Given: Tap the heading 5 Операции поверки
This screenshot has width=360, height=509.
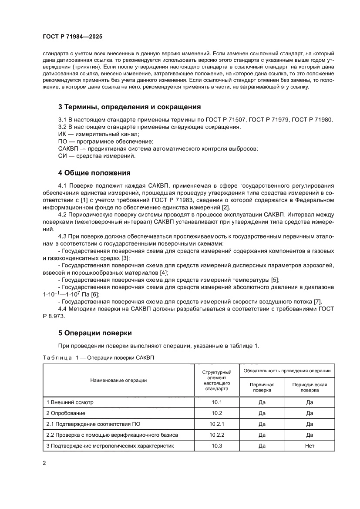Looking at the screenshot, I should [x=95, y=333].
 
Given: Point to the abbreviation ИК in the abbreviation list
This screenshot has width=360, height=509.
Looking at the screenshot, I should [x=62, y=135].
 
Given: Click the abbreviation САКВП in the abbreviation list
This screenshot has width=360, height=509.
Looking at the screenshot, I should [x=68, y=148].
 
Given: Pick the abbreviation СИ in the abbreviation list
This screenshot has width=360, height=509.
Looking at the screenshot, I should [x=62, y=156].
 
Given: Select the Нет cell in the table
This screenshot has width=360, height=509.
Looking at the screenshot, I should [x=310, y=445].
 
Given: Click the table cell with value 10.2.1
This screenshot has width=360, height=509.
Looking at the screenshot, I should [x=217, y=424].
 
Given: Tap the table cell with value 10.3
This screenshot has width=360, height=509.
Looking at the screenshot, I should [x=217, y=445].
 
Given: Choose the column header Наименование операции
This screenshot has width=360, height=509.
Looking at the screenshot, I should [x=118, y=380].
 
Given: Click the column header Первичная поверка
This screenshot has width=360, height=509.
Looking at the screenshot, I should [x=262, y=388].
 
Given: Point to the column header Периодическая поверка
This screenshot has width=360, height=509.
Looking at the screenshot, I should [x=310, y=388].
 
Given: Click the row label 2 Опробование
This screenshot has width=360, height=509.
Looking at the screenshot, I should [x=66, y=413].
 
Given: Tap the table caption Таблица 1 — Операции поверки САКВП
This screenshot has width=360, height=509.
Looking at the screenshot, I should [x=98, y=357].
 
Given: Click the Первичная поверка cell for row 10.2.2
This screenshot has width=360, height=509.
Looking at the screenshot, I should [x=262, y=435].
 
